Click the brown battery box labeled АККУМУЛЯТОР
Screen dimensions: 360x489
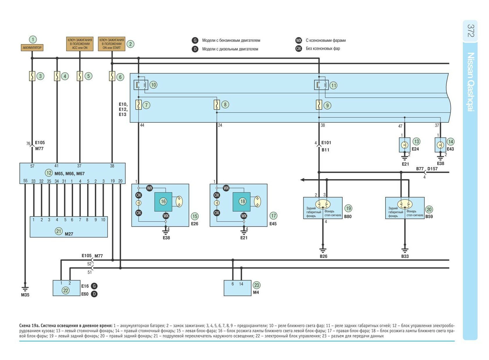coord(32,48)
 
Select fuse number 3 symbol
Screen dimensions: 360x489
coord(32,76)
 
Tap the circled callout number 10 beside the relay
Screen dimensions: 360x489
coord(153,85)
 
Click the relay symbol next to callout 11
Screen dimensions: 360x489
coord(321,85)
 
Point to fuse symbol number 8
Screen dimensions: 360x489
coord(217,105)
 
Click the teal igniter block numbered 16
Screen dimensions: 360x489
coord(163,202)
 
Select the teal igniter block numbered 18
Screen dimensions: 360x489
coord(241,202)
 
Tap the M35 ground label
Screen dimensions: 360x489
coord(25,295)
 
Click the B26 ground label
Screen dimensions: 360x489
coord(323,256)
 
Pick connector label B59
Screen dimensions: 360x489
coord(429,216)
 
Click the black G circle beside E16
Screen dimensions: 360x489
coord(94,286)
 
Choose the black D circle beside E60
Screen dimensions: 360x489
coord(94,294)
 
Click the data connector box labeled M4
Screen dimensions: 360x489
coord(237,288)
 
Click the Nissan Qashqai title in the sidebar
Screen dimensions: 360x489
coord(471,82)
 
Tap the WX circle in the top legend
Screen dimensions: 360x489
coord(299,40)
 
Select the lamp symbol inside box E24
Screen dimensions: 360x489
coord(404,145)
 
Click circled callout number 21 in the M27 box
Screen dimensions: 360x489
coord(59,231)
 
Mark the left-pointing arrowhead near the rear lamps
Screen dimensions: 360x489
coord(302,180)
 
